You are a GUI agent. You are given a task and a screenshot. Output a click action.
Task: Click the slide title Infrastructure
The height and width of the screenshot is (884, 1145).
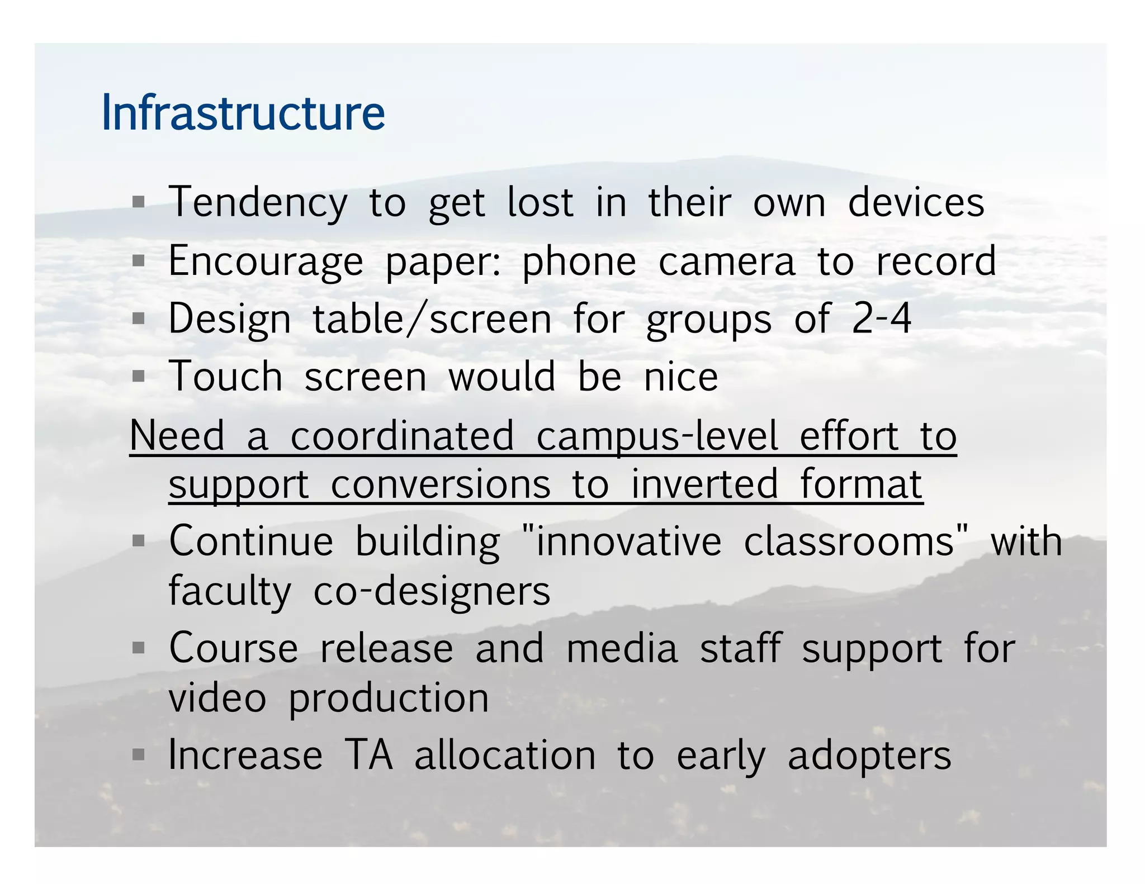point(243,113)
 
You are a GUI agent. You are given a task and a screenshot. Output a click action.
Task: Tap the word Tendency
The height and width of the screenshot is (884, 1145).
point(258,203)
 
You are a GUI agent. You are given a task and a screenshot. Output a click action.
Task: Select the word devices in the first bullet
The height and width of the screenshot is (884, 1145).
point(916,202)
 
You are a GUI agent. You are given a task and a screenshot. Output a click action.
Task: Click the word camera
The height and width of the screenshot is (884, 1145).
point(726,261)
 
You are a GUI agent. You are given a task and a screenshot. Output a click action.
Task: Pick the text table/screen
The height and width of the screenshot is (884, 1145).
point(432,319)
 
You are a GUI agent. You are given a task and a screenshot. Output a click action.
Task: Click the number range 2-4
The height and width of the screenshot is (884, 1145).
point(881,319)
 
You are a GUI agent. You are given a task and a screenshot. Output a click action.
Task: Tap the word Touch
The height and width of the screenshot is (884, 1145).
point(225,376)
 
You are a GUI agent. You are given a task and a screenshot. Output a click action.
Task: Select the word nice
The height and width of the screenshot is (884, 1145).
point(680,377)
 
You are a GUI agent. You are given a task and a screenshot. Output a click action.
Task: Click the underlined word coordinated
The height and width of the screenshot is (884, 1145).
point(402,436)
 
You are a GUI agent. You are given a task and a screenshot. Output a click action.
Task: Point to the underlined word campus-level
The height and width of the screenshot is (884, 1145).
point(657,436)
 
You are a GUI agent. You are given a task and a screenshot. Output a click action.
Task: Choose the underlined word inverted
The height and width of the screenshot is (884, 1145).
point(704,484)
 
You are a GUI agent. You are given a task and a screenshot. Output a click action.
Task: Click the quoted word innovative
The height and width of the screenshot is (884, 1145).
point(628,541)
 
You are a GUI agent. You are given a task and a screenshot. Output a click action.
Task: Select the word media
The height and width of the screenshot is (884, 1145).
point(622,649)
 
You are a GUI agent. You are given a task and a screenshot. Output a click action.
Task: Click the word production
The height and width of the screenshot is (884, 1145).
point(389,698)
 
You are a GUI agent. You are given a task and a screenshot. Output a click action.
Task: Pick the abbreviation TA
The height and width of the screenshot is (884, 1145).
point(368,755)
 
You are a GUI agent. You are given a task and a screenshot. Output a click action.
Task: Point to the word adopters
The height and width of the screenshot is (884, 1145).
point(869,755)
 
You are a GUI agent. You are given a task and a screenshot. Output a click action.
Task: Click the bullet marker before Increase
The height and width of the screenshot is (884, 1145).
point(139,755)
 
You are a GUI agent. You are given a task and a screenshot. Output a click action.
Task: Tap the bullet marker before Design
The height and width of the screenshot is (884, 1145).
point(139,319)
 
